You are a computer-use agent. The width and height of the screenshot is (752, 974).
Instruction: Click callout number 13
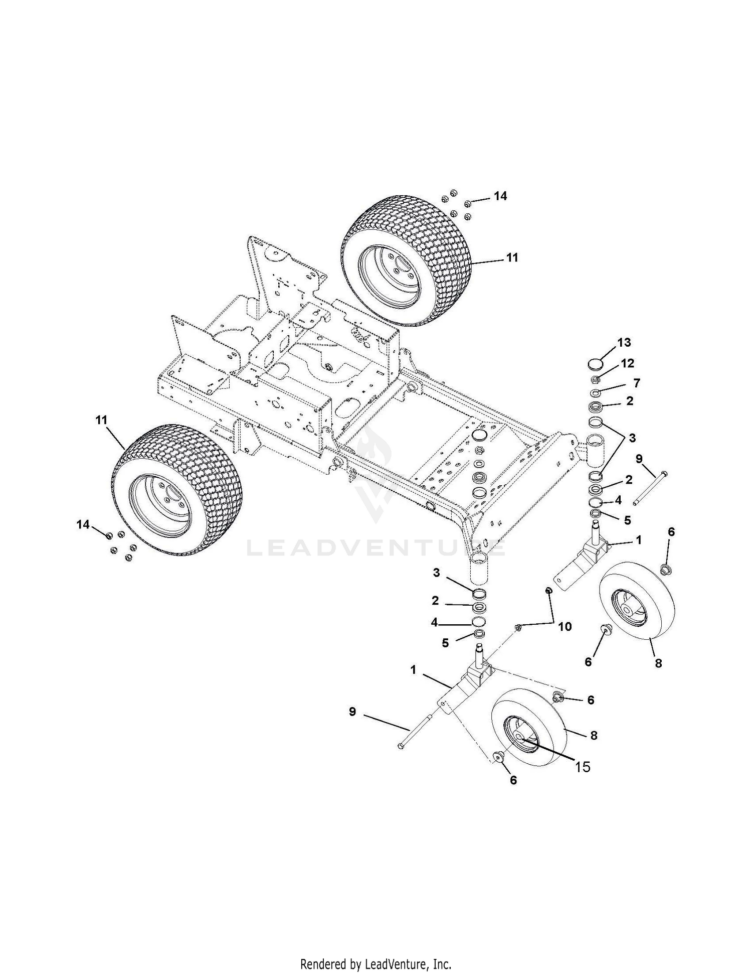(x=624, y=343)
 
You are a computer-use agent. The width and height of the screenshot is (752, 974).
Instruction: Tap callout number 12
(x=628, y=363)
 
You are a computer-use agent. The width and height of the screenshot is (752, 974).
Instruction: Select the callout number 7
(x=636, y=383)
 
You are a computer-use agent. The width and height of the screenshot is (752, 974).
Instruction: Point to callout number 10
(x=565, y=626)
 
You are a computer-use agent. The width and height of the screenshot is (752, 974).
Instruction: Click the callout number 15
(x=583, y=767)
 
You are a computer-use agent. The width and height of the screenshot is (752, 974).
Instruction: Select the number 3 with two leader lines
(x=632, y=438)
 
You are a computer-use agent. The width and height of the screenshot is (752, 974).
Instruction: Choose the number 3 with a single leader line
(x=436, y=573)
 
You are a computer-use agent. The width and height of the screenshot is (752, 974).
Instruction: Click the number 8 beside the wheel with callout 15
(x=594, y=736)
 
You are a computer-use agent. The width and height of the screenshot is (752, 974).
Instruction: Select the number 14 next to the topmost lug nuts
(x=500, y=196)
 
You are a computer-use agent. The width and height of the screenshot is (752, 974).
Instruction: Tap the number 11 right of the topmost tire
(x=512, y=257)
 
